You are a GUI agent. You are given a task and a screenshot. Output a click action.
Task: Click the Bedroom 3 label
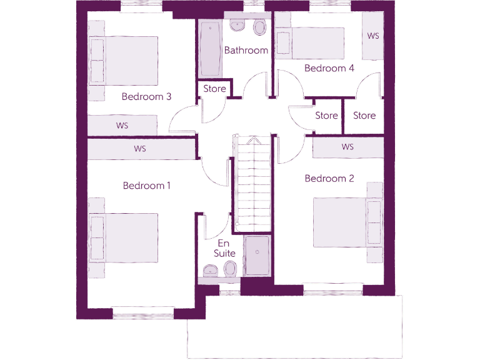click(x=146, y=97)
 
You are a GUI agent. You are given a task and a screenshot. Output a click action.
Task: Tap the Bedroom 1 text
click(x=146, y=186)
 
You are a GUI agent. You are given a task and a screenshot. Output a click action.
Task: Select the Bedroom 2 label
click(x=329, y=179)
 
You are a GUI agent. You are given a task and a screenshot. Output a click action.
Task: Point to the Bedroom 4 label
click(x=329, y=68)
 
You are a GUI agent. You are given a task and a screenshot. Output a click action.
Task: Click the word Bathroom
click(x=246, y=51)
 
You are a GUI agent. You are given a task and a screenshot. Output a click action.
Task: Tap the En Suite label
click(x=225, y=249)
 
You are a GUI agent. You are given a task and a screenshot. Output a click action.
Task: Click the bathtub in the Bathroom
click(x=208, y=49)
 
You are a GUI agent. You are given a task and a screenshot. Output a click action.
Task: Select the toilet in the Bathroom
click(x=260, y=27)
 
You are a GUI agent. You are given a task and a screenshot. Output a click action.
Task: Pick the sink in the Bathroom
click(x=237, y=26)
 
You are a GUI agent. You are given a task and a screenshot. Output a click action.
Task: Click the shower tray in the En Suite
click(x=257, y=256)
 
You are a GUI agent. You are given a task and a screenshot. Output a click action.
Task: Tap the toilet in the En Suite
click(x=229, y=269)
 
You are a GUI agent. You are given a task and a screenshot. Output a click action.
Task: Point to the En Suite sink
click(x=210, y=270)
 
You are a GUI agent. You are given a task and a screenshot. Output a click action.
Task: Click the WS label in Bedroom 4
click(x=373, y=36)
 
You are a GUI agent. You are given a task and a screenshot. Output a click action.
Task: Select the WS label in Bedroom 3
click(x=122, y=126)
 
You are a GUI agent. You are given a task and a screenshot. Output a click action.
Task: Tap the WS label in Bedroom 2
click(x=347, y=147)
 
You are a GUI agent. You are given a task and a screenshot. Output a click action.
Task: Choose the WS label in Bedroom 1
click(x=140, y=149)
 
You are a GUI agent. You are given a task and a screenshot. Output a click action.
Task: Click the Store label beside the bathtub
click(x=214, y=89)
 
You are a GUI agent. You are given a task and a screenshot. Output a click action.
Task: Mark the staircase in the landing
click(x=253, y=181)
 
